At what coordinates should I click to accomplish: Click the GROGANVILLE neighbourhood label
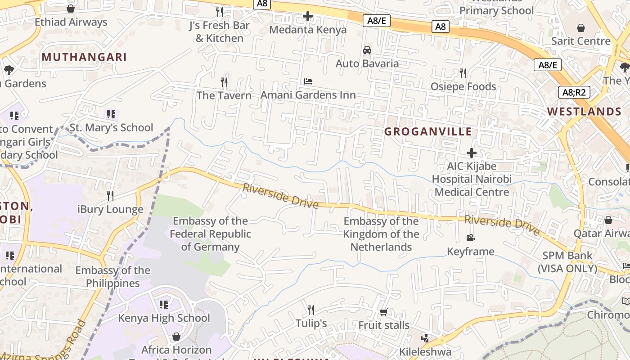tap(428, 132)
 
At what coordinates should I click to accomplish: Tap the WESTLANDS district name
tap(584, 112)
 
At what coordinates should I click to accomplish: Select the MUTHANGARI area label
tap(84, 57)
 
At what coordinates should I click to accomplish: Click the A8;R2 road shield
tap(574, 93)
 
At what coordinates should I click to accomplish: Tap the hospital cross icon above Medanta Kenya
tap(308, 17)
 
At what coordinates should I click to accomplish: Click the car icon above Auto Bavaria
tap(367, 50)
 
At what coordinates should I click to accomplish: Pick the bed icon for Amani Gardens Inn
tap(308, 81)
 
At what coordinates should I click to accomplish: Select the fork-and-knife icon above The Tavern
tap(224, 82)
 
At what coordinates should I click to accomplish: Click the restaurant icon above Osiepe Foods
tap(463, 73)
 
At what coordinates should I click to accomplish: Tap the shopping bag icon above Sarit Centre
tap(581, 28)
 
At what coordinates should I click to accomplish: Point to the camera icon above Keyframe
tap(470, 238)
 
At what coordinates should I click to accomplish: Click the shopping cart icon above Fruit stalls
tap(383, 312)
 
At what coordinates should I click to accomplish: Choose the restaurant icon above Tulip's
tap(311, 310)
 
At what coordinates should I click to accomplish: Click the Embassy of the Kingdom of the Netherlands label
tap(381, 234)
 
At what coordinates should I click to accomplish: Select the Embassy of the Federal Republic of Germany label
tap(210, 234)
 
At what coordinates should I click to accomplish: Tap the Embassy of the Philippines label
tap(113, 277)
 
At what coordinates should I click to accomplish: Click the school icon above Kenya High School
tap(164, 305)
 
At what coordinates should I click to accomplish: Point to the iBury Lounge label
tap(110, 209)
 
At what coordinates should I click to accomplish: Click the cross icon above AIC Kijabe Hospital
tap(472, 153)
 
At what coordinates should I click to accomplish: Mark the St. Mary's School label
tap(111, 128)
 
